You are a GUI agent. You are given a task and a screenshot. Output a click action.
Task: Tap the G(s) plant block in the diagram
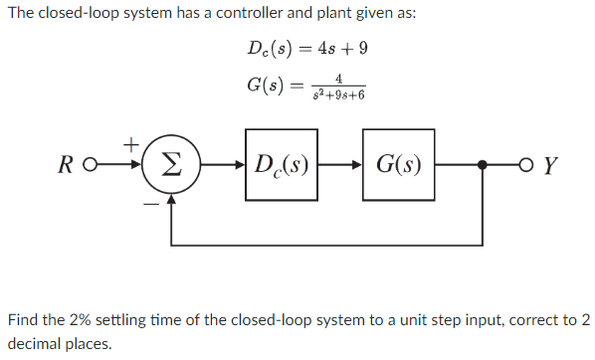(398, 165)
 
